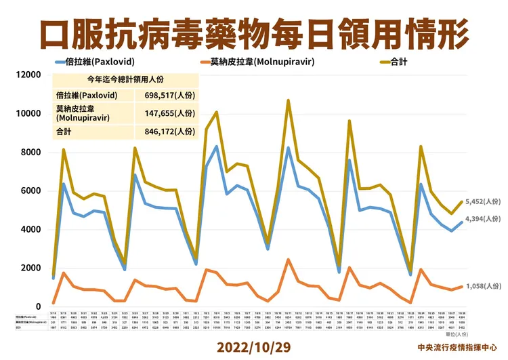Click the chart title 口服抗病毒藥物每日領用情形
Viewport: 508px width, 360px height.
[254, 32]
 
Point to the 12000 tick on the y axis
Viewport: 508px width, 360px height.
[28, 75]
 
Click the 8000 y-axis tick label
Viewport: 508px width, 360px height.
[31, 152]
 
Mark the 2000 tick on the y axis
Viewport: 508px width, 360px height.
[31, 268]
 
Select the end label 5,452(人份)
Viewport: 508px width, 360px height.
[483, 201]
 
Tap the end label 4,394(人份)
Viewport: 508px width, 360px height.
[483, 218]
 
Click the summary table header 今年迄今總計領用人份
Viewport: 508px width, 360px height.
[125, 79]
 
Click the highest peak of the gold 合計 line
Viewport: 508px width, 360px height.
[289, 100]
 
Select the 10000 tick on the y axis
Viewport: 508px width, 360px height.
[28, 113]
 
